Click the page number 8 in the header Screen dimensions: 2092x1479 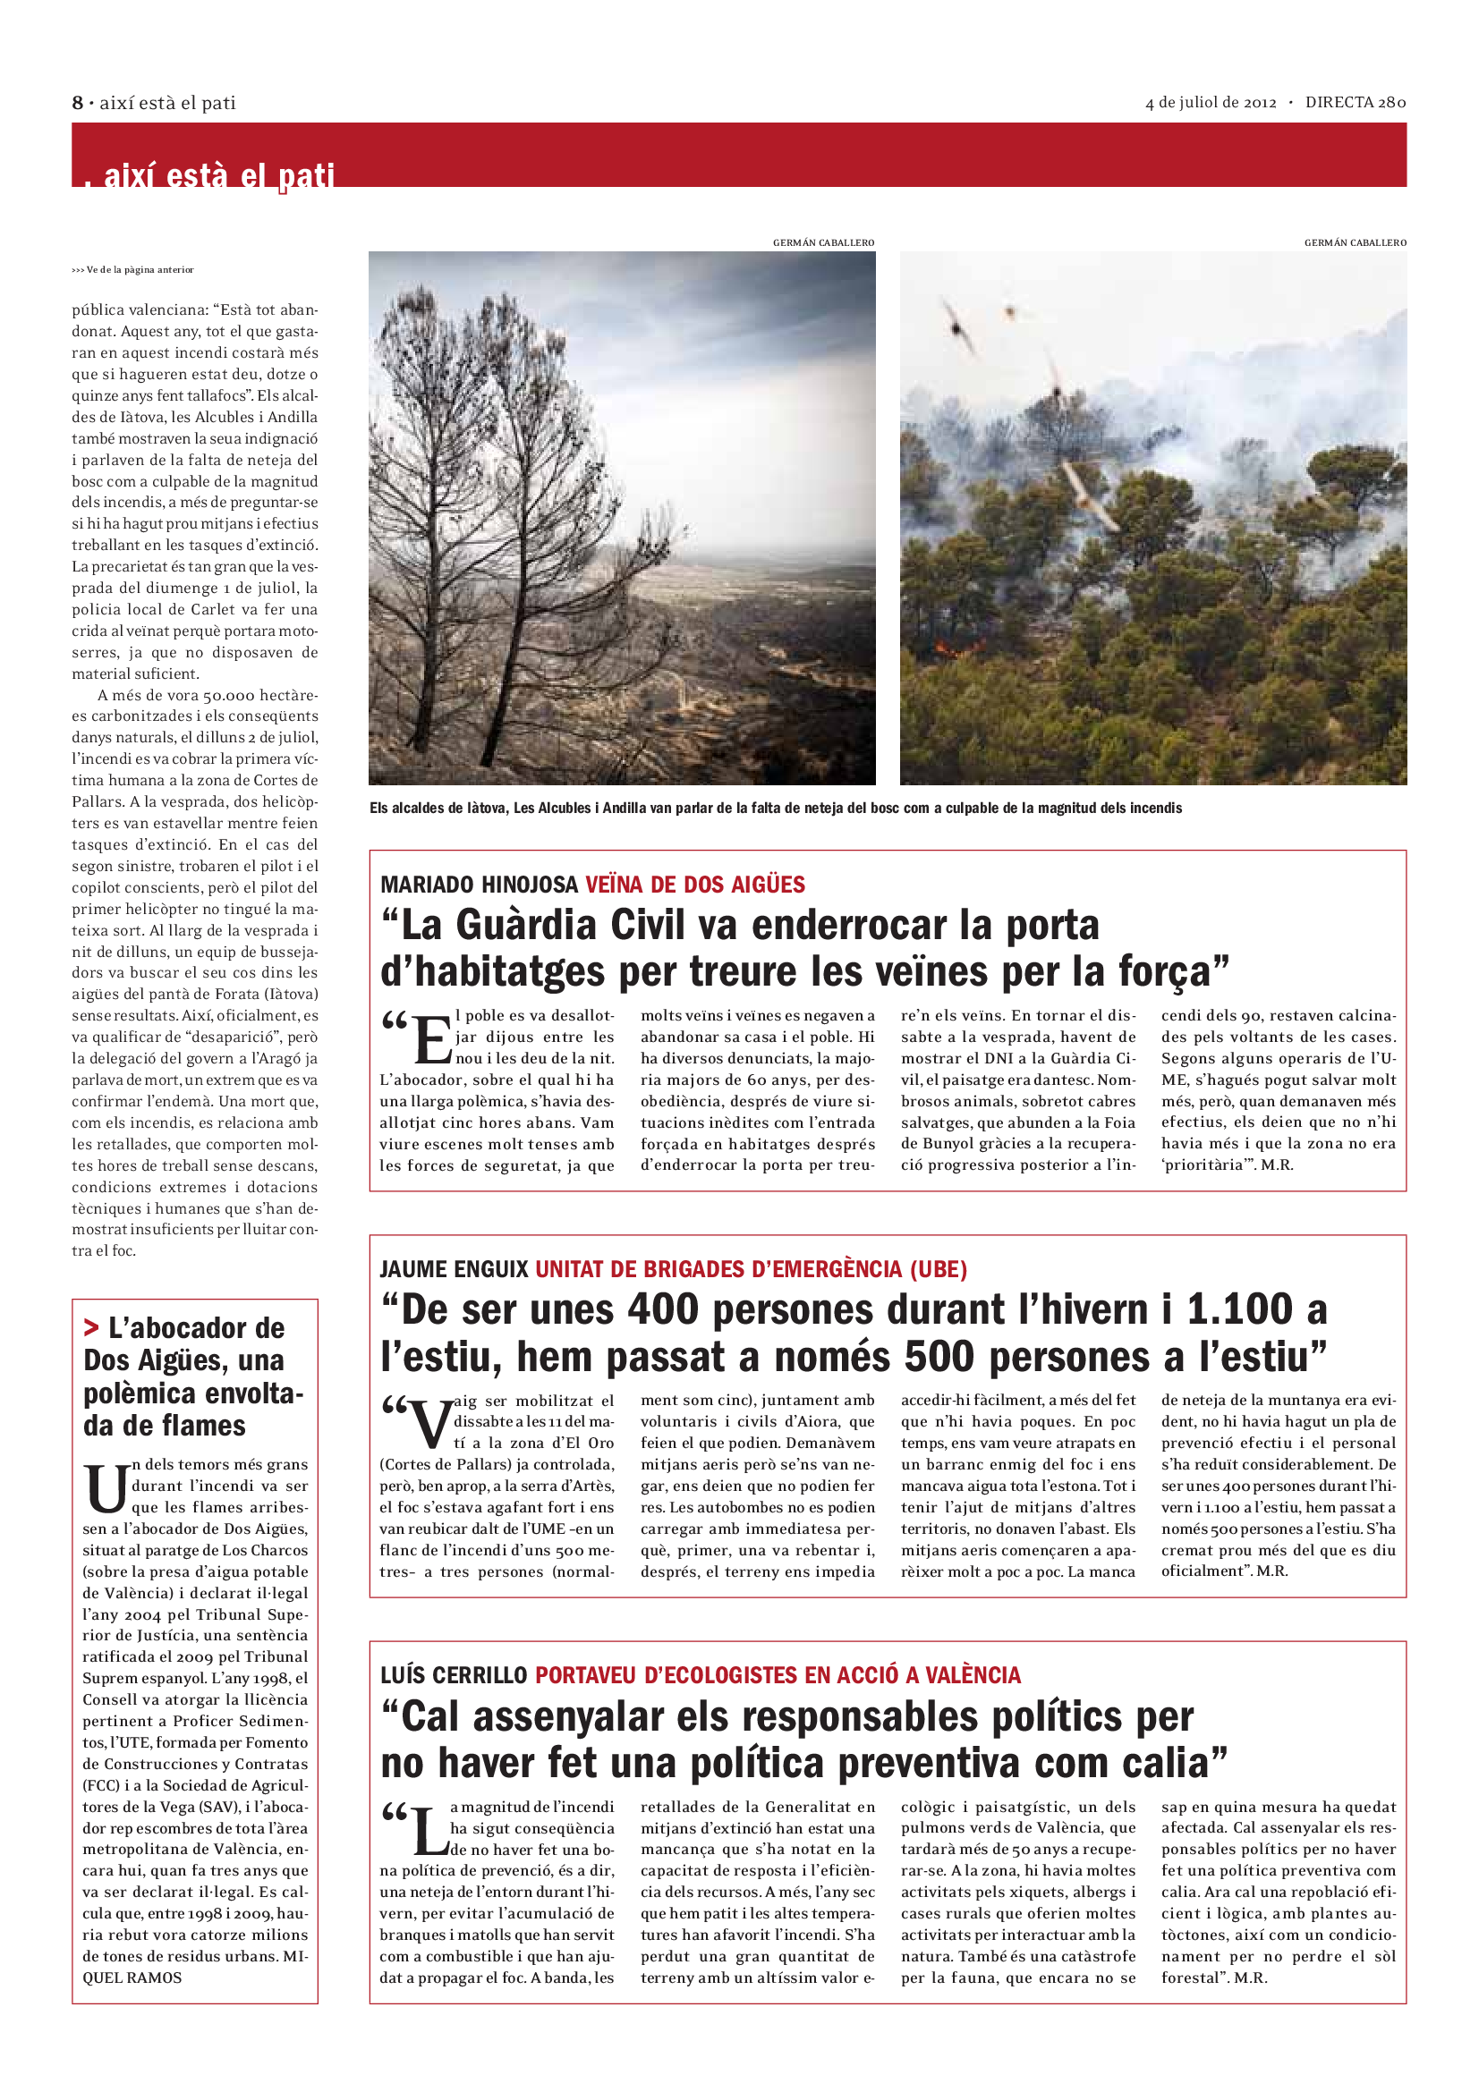pyautogui.click(x=78, y=103)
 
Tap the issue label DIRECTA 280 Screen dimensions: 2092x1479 pyautogui.click(x=1355, y=102)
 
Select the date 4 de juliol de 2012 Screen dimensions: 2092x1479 pyautogui.click(x=1211, y=102)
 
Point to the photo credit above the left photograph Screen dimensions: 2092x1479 pyautogui.click(x=823, y=242)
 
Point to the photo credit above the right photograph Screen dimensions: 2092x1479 pyautogui.click(x=1355, y=242)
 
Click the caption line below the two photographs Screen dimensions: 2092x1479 pyautogui.click(x=776, y=809)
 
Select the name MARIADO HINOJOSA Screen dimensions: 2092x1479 pyautogui.click(x=480, y=885)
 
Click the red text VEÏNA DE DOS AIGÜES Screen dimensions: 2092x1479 pyautogui.click(x=695, y=885)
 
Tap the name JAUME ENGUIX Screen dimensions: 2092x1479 pyautogui.click(x=454, y=1269)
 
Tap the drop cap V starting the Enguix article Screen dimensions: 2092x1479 pyautogui.click(x=432, y=1425)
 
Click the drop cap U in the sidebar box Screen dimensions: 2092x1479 pyautogui.click(x=106, y=1489)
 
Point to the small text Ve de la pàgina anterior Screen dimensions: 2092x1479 pyautogui.click(x=133, y=270)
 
